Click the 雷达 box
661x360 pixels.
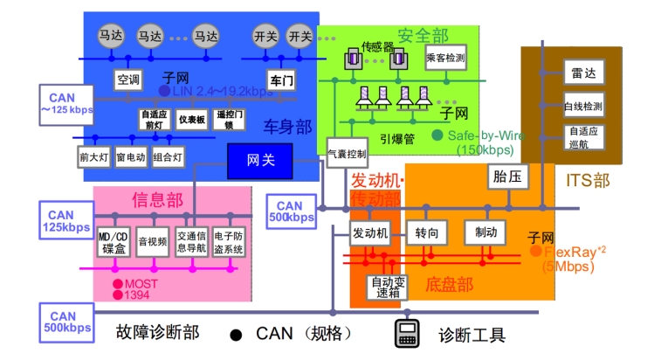pos(583,73)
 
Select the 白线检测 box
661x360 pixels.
pos(583,107)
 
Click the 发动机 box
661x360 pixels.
pos(369,233)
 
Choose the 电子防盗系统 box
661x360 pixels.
pos(229,242)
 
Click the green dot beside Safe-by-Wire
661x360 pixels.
pos(437,135)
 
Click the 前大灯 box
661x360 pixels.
pos(93,157)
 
